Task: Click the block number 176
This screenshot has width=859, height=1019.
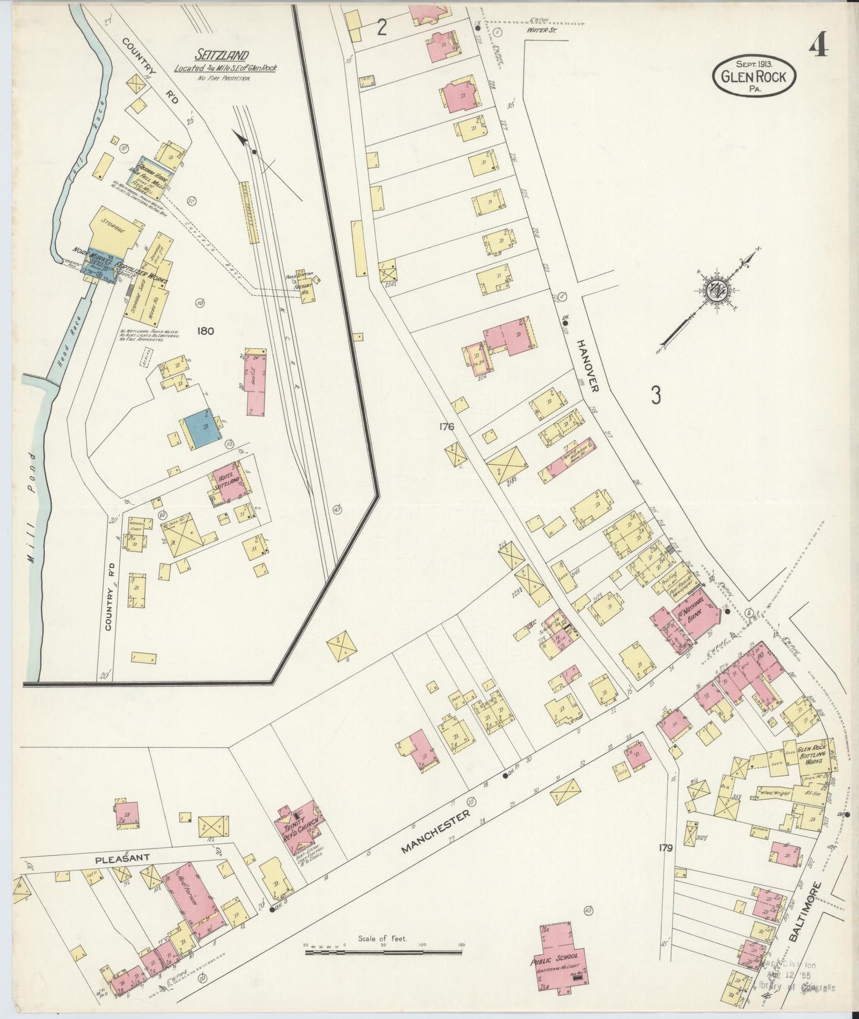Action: (x=446, y=426)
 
